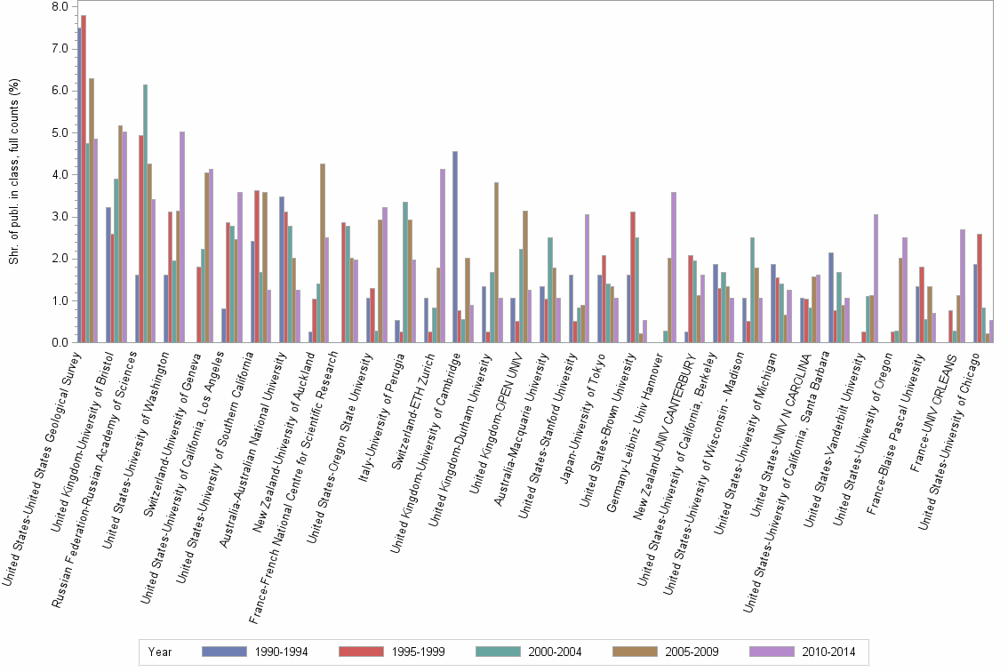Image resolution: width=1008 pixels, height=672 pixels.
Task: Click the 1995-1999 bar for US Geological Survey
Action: tap(84, 178)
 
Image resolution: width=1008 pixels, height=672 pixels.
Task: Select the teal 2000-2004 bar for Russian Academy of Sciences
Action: tap(145, 213)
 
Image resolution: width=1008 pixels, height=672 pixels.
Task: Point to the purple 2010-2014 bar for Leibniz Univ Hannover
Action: tap(674, 267)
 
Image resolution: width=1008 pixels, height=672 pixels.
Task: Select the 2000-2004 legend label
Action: tap(555, 652)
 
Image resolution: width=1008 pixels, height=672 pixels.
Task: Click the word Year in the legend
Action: tap(161, 652)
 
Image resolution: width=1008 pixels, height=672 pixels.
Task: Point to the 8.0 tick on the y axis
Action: tap(60, 7)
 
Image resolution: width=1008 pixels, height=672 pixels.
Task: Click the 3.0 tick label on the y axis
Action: tap(60, 217)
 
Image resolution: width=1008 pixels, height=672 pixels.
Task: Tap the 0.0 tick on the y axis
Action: tap(60, 343)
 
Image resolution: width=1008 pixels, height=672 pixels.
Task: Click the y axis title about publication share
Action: tap(12, 173)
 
